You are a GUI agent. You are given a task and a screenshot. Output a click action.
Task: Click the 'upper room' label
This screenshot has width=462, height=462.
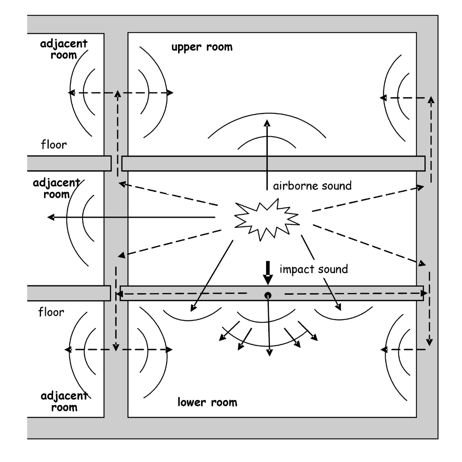[202, 47]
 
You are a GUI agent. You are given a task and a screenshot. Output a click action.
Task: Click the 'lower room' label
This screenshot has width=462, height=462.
[207, 403]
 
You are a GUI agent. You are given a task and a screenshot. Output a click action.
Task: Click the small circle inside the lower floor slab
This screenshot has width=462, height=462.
[268, 295]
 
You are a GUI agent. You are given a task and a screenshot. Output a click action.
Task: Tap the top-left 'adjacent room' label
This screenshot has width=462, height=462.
[59, 50]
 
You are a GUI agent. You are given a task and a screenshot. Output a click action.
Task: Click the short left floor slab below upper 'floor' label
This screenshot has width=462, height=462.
[68, 163]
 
